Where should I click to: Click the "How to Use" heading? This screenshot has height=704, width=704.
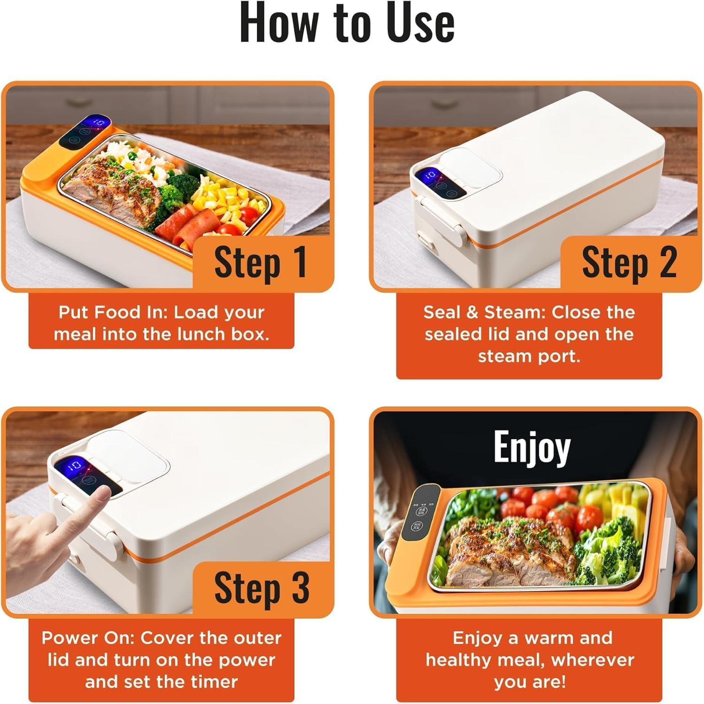click(x=347, y=23)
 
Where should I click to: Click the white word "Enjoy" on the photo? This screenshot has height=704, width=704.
click(x=532, y=447)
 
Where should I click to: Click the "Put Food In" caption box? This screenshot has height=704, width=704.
click(x=161, y=323)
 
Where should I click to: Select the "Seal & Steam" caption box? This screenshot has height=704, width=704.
click(x=529, y=334)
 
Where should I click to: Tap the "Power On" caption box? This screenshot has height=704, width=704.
click(x=161, y=659)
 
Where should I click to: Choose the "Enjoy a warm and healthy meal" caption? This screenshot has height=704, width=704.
click(x=529, y=659)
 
